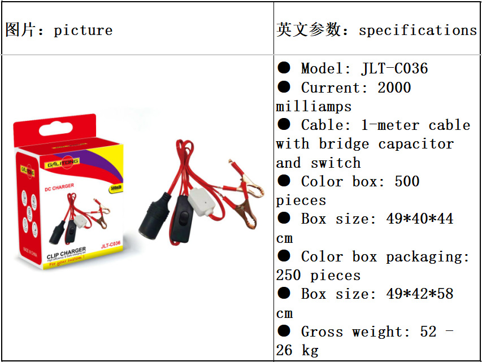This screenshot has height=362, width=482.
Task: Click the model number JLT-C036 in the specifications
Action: click(x=394, y=69)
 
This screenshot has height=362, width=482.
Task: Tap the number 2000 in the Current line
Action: click(x=394, y=88)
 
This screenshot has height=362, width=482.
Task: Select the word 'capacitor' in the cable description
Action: click(x=416, y=144)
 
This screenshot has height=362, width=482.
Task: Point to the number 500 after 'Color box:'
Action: click(x=407, y=181)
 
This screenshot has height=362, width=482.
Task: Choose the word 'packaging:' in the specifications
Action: click(x=428, y=256)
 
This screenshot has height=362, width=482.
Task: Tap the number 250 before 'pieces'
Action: click(x=289, y=276)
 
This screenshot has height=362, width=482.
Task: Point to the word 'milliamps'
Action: click(x=314, y=107)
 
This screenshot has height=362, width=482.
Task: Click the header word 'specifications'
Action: click(x=418, y=30)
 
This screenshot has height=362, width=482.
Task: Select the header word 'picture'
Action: click(x=83, y=30)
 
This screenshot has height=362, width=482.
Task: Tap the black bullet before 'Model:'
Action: click(x=284, y=68)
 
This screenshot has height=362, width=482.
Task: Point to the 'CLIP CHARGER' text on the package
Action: click(x=66, y=250)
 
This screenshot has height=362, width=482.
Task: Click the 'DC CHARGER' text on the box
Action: click(x=59, y=187)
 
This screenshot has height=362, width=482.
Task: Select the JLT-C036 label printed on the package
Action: click(x=110, y=245)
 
